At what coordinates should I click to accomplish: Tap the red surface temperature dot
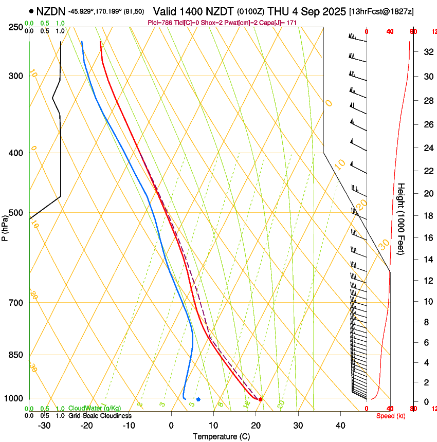click(260, 399)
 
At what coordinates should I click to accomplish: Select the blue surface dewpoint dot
click(198, 399)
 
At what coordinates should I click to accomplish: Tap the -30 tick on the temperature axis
click(44, 426)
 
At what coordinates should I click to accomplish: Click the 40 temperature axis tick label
click(340, 426)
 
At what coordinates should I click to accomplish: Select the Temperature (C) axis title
click(221, 436)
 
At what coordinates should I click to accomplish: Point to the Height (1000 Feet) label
click(402, 218)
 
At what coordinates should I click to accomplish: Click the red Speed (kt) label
click(391, 416)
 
